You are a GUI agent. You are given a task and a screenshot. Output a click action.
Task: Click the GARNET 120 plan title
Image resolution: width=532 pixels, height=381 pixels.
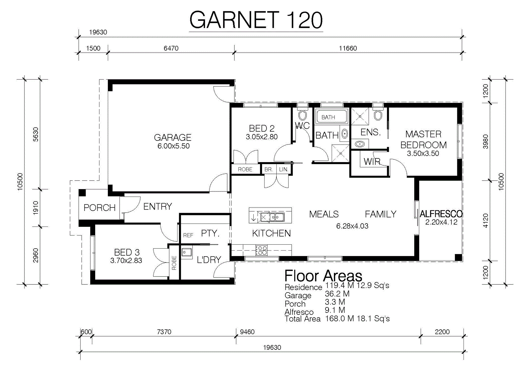click(x=256, y=20)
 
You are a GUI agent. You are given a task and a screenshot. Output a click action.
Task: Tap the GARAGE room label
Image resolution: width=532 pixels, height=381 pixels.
click(x=172, y=138)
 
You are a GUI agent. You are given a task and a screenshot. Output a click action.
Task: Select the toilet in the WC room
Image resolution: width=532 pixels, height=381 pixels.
click(x=302, y=115)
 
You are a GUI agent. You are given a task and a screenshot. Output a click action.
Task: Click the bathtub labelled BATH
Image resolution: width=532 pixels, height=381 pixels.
click(x=332, y=117)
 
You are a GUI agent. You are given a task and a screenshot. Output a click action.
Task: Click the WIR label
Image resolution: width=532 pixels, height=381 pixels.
click(x=372, y=162)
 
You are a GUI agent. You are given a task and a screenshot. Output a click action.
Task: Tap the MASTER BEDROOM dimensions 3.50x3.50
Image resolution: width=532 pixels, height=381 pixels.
click(x=423, y=153)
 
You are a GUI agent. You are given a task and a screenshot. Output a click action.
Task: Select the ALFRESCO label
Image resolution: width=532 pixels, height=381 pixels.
click(x=441, y=214)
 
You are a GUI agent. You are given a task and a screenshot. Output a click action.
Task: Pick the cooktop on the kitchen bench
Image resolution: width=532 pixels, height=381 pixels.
click(x=262, y=250)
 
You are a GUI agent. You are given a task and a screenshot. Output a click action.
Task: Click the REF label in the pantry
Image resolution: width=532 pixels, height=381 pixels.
click(x=188, y=235)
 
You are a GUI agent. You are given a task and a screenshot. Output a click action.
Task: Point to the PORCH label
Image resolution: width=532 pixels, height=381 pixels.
click(x=100, y=208)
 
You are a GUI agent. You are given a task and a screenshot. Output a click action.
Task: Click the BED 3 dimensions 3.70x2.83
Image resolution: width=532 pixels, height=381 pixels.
click(x=126, y=261)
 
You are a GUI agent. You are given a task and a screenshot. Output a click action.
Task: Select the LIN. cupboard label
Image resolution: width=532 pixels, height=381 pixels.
click(x=284, y=170)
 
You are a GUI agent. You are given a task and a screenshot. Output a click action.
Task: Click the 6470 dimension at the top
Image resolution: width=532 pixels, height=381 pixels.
click(x=171, y=48)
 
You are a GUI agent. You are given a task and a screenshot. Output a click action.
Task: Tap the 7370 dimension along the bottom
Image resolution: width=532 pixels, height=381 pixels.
click(x=164, y=332)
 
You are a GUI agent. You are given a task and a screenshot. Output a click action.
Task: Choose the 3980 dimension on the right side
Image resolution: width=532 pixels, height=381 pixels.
click(x=486, y=142)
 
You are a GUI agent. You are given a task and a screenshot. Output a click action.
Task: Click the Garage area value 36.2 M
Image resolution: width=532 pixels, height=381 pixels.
click(x=337, y=294)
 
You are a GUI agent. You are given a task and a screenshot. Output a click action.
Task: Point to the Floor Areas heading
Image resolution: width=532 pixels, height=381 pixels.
click(x=323, y=276)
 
